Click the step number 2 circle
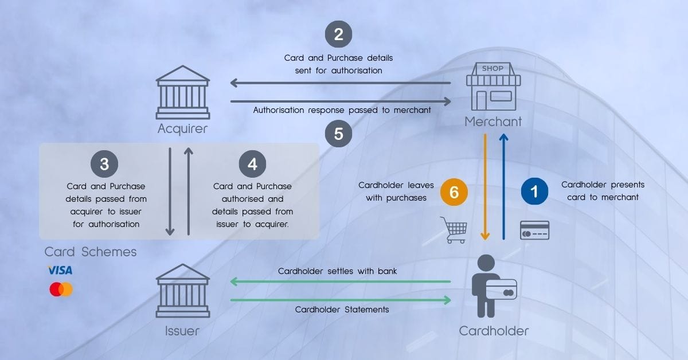338,34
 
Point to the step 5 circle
338,134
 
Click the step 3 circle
104,165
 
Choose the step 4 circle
252,165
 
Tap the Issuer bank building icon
182,291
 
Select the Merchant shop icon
493,87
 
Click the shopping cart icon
454,229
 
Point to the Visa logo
60,270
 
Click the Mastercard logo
61,289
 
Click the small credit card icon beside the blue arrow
534,230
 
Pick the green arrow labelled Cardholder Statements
341,299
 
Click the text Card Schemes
91,252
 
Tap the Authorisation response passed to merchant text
342,110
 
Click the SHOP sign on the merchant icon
493,68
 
